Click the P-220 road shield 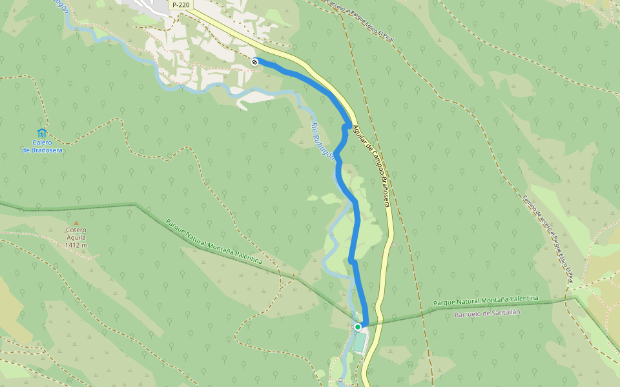[181, 5]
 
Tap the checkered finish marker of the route [255, 61]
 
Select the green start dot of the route [357, 327]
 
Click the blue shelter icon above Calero [42, 133]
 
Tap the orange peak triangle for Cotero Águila [76, 223]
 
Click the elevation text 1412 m [76, 245]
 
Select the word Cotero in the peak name [76, 230]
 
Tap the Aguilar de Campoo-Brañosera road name [371, 165]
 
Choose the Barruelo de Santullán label [487, 313]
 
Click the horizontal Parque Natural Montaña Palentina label [486, 301]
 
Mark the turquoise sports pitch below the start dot [358, 341]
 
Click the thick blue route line [354, 226]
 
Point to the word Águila [76, 237]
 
